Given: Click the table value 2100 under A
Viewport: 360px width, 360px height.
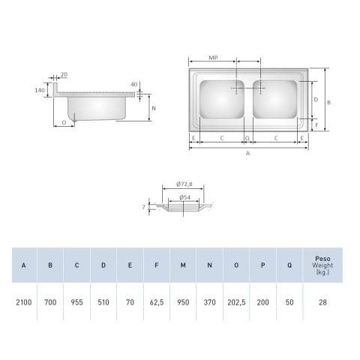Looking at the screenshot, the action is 24,302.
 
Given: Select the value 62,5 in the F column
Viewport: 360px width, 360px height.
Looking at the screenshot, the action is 157,302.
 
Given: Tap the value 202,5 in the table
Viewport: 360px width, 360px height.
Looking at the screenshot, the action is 236,302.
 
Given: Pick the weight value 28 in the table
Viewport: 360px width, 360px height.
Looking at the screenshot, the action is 322,302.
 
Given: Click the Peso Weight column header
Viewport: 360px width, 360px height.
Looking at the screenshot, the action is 322,265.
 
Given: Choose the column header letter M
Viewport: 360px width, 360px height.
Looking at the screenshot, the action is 183,265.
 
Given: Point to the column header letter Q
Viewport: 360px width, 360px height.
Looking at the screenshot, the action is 289,265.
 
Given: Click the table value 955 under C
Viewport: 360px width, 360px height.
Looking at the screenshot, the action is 76,302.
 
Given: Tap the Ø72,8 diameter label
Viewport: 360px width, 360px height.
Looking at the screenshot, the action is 184,184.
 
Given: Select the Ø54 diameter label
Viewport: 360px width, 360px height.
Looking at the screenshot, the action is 184,197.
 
